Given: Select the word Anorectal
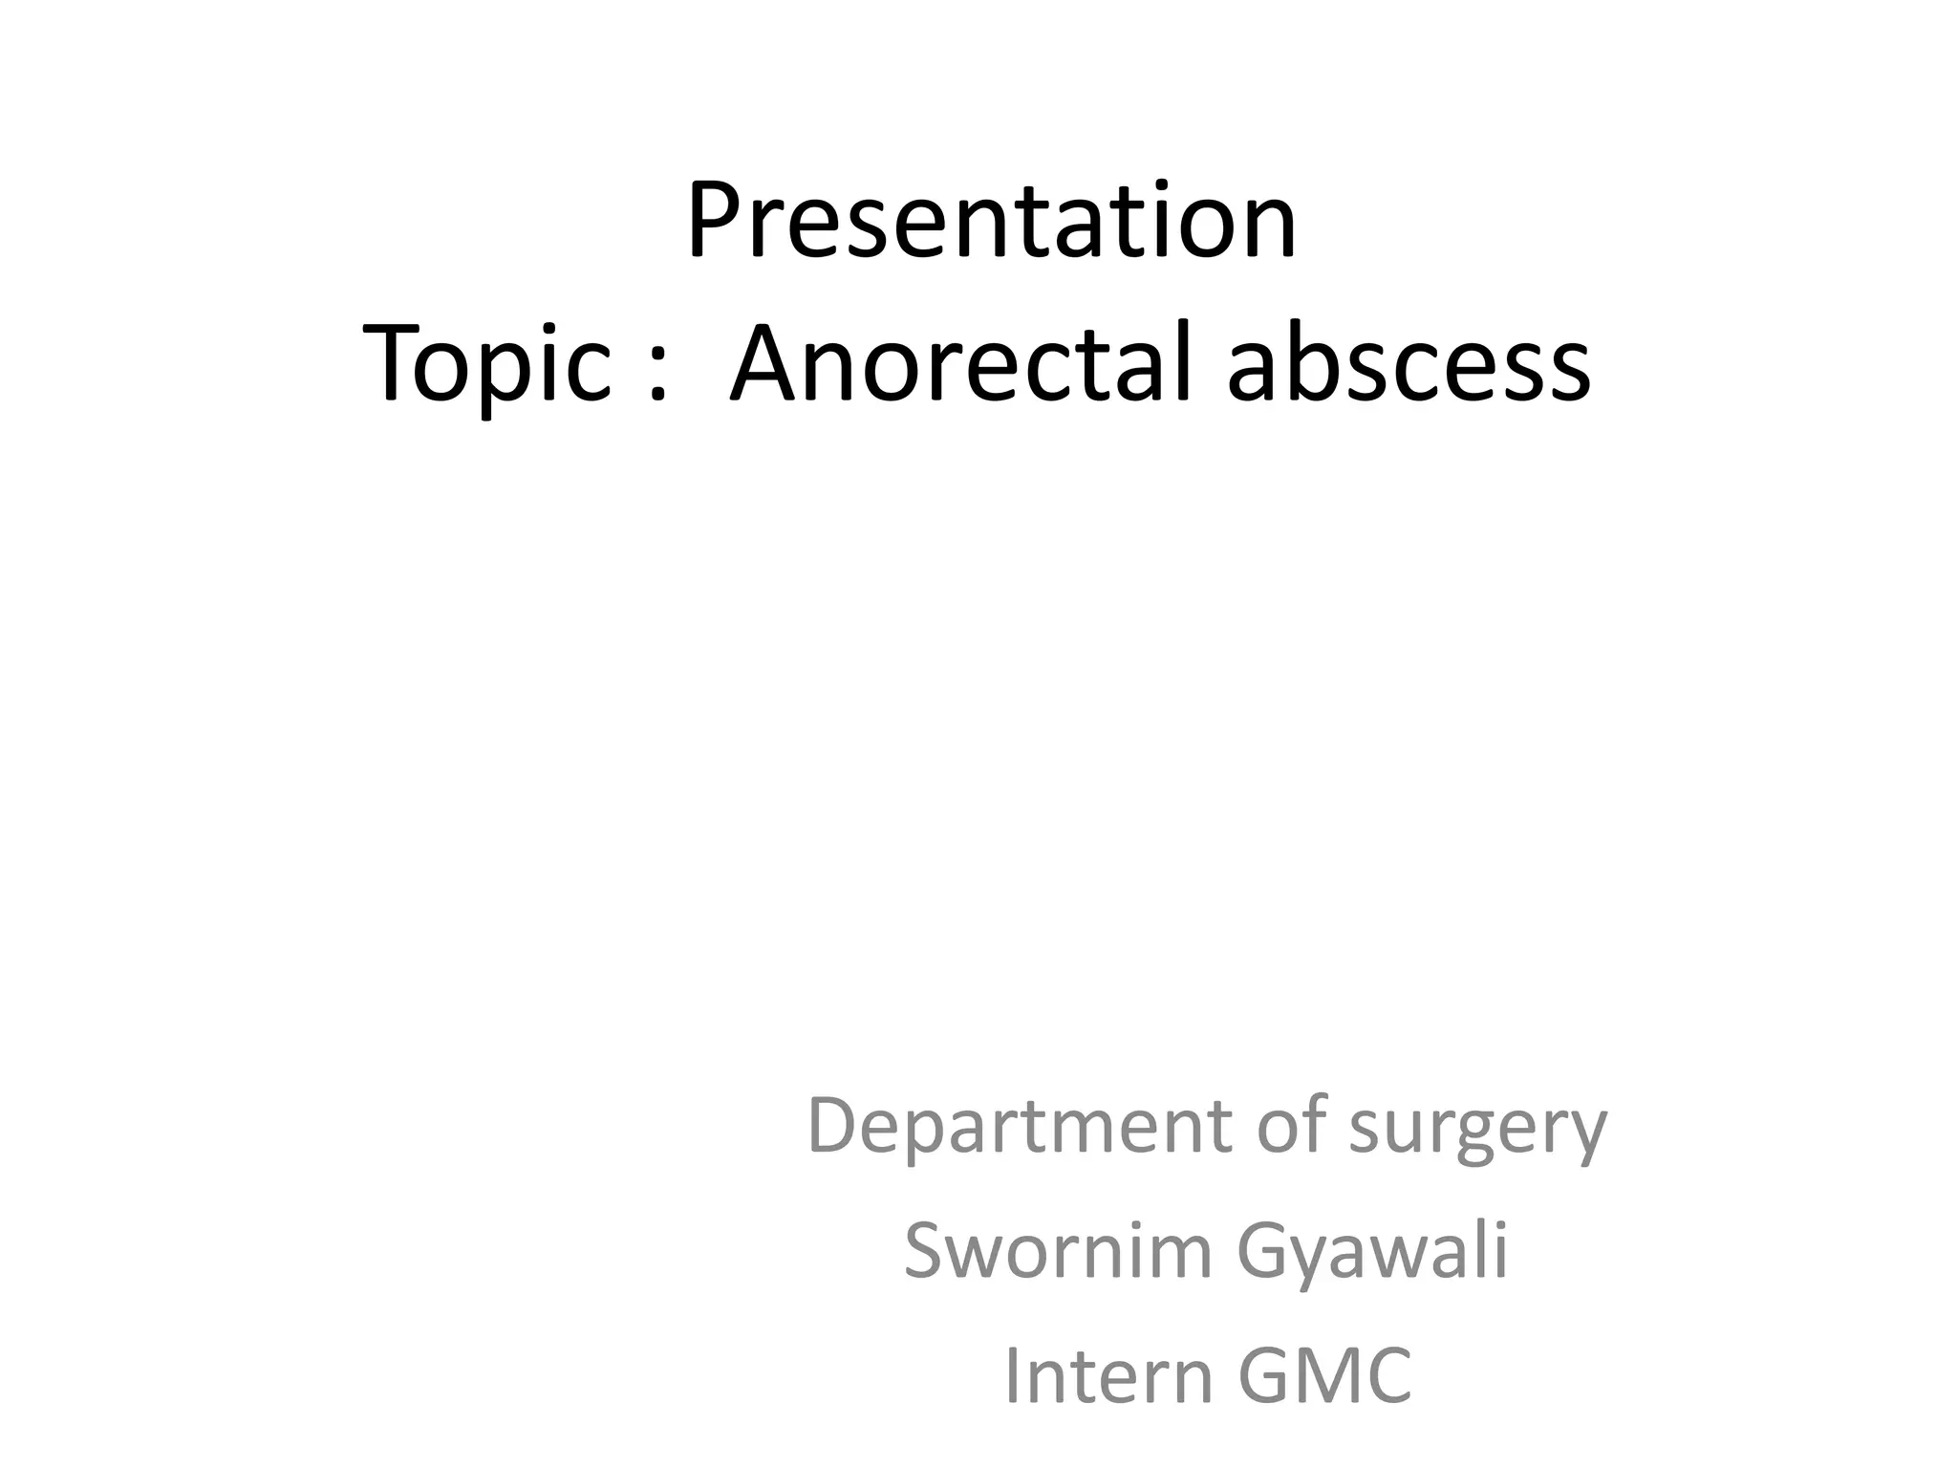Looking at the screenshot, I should coord(961,364).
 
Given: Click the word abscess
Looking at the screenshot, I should coord(1409,364).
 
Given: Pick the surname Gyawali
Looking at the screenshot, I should coord(1372,1252).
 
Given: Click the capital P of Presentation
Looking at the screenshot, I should coord(711,222).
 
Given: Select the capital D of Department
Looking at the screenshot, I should coord(832,1126).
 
